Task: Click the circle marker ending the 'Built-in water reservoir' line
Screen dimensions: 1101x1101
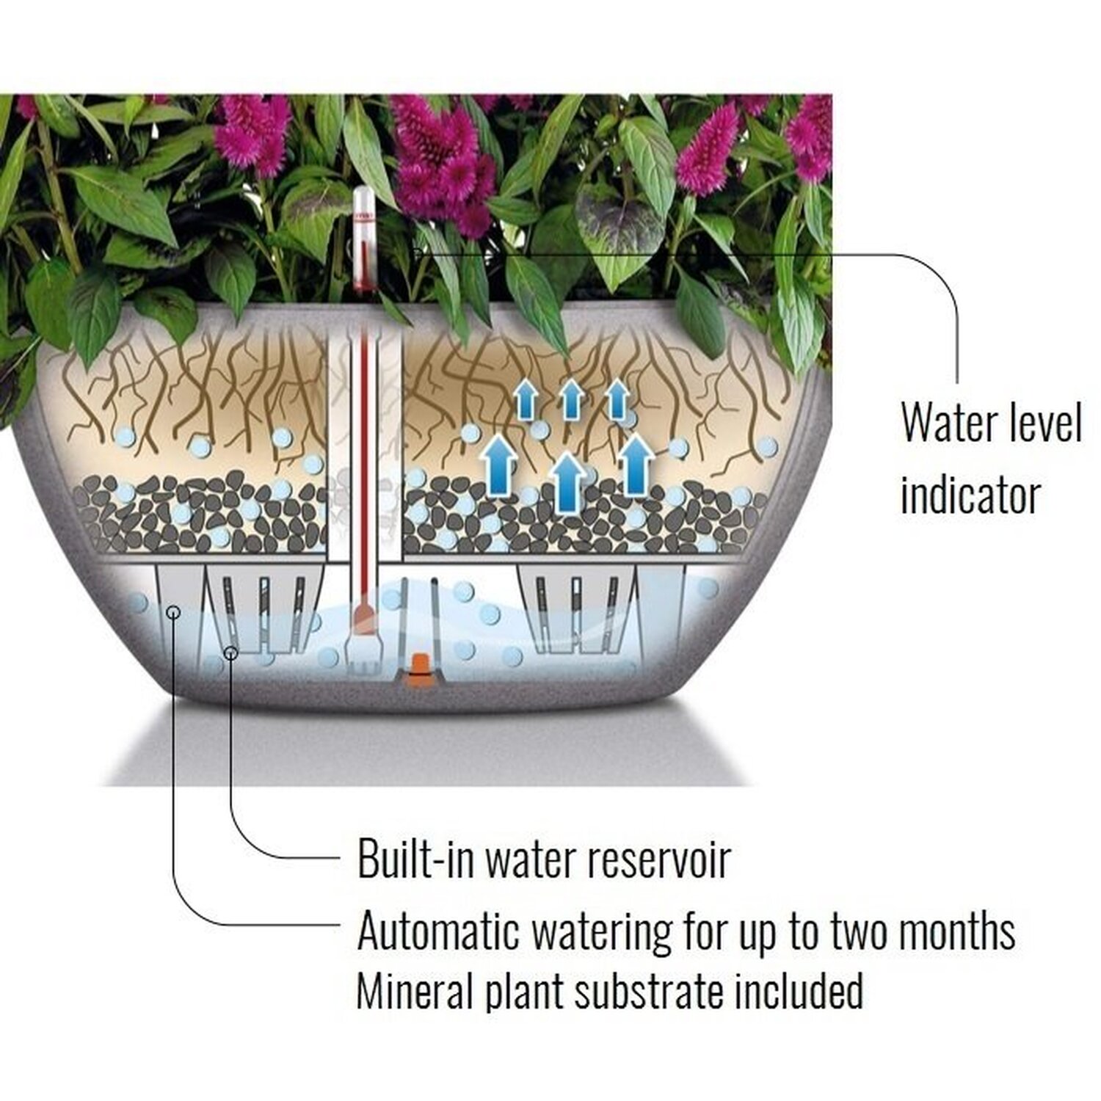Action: coord(231,652)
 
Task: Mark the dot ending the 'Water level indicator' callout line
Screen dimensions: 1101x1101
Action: coord(416,252)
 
